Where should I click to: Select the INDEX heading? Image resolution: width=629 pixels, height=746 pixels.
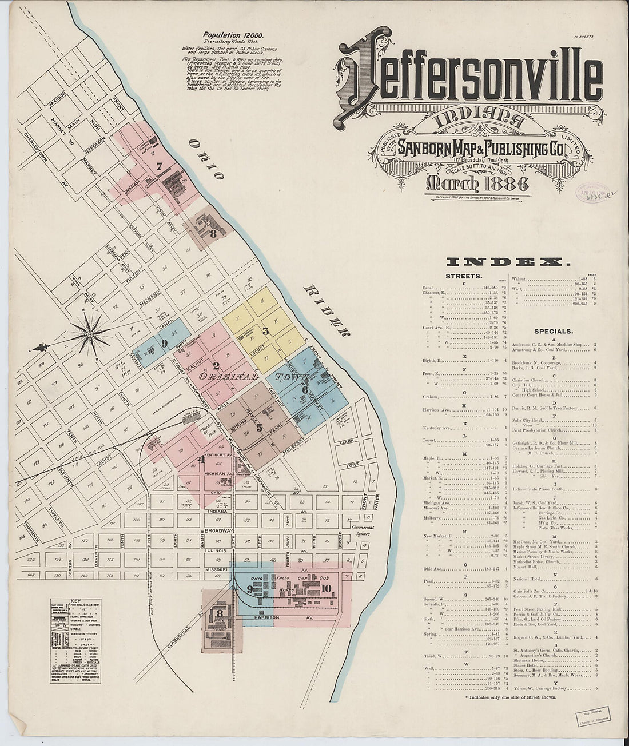[x=508, y=262]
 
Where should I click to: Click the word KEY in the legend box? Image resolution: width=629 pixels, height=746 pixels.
[x=75, y=601]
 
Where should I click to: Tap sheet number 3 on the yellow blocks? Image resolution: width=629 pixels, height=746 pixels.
[x=265, y=330]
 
